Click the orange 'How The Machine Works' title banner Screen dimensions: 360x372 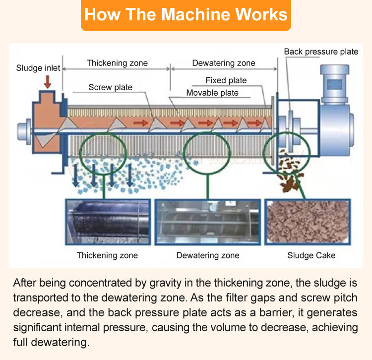point(186,14)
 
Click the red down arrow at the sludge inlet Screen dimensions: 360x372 point(48,82)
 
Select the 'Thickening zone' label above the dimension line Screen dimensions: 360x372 point(117,63)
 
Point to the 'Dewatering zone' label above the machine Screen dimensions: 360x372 point(223,63)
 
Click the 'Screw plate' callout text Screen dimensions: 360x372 point(111,87)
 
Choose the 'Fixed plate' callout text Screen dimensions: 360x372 point(226,80)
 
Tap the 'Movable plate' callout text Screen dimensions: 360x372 point(212,93)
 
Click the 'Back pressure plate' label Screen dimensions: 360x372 point(321,52)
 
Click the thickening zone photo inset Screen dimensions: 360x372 point(107,223)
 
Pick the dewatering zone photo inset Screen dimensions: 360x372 point(207,223)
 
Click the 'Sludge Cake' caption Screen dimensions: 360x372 point(311,256)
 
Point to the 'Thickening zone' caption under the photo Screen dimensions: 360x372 point(107,256)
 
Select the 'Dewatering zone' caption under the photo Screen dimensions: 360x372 point(208,256)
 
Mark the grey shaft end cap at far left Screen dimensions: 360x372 point(23,131)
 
